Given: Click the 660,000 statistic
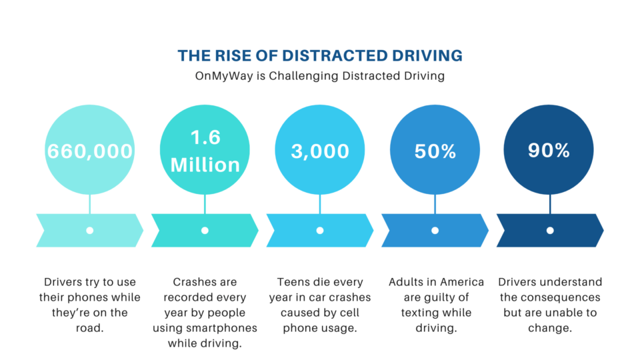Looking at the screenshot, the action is click(x=90, y=151).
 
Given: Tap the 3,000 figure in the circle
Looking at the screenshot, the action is click(x=320, y=151).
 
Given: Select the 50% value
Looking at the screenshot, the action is click(x=435, y=151).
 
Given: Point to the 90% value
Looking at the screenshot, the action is click(x=549, y=150).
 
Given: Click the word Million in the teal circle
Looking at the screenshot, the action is click(x=205, y=165).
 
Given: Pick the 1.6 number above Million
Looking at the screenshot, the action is click(x=205, y=137).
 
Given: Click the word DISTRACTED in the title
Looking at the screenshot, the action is click(x=335, y=55).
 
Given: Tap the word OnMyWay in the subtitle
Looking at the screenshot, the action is click(x=224, y=76).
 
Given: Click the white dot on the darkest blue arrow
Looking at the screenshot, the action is click(x=550, y=231).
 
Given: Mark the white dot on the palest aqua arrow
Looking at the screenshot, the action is click(x=90, y=231).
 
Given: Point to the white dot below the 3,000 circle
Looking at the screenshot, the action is click(x=320, y=231).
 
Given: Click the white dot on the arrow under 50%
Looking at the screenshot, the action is click(x=435, y=231).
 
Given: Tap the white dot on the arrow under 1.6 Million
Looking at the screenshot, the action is click(x=205, y=231).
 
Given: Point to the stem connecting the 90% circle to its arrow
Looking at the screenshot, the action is click(x=550, y=204).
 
